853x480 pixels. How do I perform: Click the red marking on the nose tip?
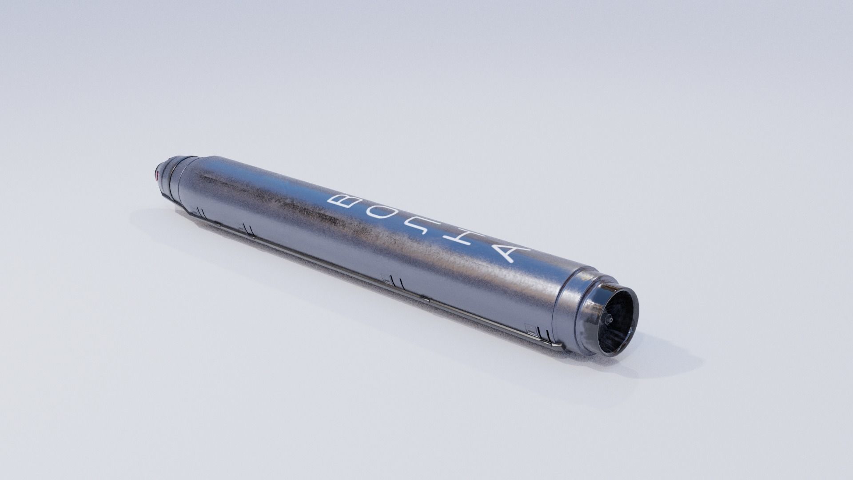157,174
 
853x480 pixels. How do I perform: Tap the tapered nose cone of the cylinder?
171,176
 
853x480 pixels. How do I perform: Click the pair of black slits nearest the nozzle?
543,333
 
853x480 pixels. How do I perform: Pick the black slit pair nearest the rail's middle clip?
398,283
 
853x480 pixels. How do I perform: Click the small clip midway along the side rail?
424,298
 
